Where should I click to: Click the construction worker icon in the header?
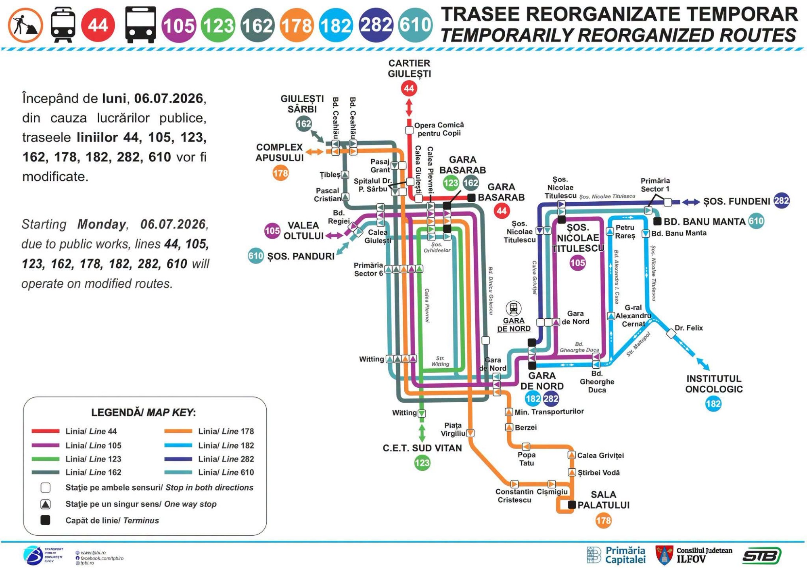(x=25, y=25)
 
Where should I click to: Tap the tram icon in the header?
(x=63, y=25)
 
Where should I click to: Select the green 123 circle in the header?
(x=218, y=25)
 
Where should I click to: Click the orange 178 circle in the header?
(x=297, y=25)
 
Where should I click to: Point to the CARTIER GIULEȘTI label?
(x=409, y=69)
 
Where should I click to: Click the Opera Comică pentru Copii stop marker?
(x=409, y=130)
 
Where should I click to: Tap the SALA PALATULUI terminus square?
(x=572, y=505)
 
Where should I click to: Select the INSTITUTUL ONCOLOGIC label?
(x=714, y=384)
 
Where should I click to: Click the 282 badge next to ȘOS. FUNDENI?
(x=782, y=201)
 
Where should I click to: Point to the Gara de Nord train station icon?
(x=513, y=309)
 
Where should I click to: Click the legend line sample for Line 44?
(x=46, y=431)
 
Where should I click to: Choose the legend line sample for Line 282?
(x=178, y=459)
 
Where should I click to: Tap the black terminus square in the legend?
(x=46, y=520)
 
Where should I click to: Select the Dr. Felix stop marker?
(x=671, y=334)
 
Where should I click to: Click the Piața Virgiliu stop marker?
(x=470, y=433)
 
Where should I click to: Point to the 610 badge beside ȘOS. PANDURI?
(x=256, y=256)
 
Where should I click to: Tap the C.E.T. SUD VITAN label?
(x=422, y=448)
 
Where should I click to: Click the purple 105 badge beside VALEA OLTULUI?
(x=272, y=231)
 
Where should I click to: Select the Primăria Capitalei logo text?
(x=625, y=555)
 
